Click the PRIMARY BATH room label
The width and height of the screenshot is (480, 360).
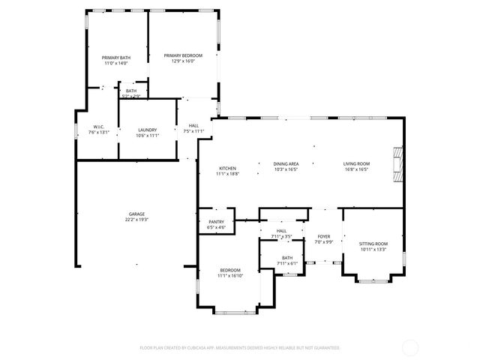coord(115,57)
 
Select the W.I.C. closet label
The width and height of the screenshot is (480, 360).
coord(98,126)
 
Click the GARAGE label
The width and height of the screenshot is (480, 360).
coord(136,214)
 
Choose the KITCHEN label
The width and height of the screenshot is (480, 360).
coord(227,168)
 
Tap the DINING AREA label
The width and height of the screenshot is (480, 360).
coord(286,163)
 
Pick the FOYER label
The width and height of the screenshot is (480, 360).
coord(323,236)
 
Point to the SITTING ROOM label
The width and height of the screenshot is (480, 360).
coord(373,244)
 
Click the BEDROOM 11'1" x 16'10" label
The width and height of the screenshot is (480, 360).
coord(229,270)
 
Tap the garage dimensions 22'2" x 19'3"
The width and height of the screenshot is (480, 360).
coord(136,219)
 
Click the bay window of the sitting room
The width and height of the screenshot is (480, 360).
coord(373,280)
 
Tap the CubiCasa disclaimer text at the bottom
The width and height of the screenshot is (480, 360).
coord(240,348)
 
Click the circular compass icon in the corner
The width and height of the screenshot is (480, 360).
coord(410,347)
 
